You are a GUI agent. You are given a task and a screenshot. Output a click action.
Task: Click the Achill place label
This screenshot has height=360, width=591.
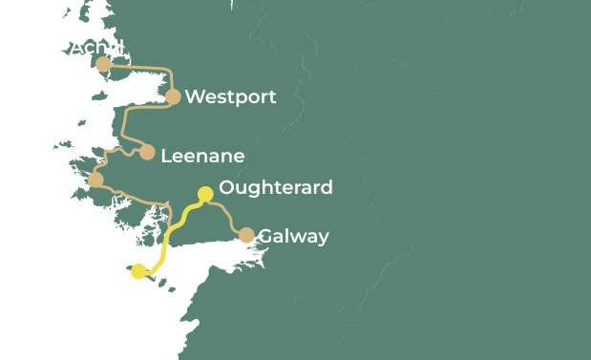tap(97, 47)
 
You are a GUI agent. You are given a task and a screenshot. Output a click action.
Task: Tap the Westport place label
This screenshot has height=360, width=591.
tap(230, 96)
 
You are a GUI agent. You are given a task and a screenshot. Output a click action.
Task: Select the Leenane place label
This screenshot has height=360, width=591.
tap(202, 155)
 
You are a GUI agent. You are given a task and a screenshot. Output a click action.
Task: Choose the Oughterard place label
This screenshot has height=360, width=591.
tap(276, 187)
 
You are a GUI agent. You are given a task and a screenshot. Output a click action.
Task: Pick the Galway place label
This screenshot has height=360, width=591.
tap(293, 236)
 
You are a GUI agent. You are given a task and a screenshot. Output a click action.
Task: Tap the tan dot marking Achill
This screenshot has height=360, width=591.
tap(103, 64)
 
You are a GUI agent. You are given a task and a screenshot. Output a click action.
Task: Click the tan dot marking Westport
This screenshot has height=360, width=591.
tap(173, 96)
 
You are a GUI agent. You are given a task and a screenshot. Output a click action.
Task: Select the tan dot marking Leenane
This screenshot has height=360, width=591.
tap(147, 152)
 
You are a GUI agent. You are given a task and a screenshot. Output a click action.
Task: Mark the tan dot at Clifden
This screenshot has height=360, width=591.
tap(95, 179)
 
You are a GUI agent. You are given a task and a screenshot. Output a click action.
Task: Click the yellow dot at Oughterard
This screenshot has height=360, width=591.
tap(204, 195)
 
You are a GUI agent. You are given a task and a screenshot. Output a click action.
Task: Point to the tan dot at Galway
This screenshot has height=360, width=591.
tap(246, 235)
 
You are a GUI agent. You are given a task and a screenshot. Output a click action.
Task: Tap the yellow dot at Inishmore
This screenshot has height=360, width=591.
tap(139, 271)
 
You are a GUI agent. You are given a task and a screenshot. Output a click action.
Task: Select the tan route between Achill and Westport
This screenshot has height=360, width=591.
tap(143, 67)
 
